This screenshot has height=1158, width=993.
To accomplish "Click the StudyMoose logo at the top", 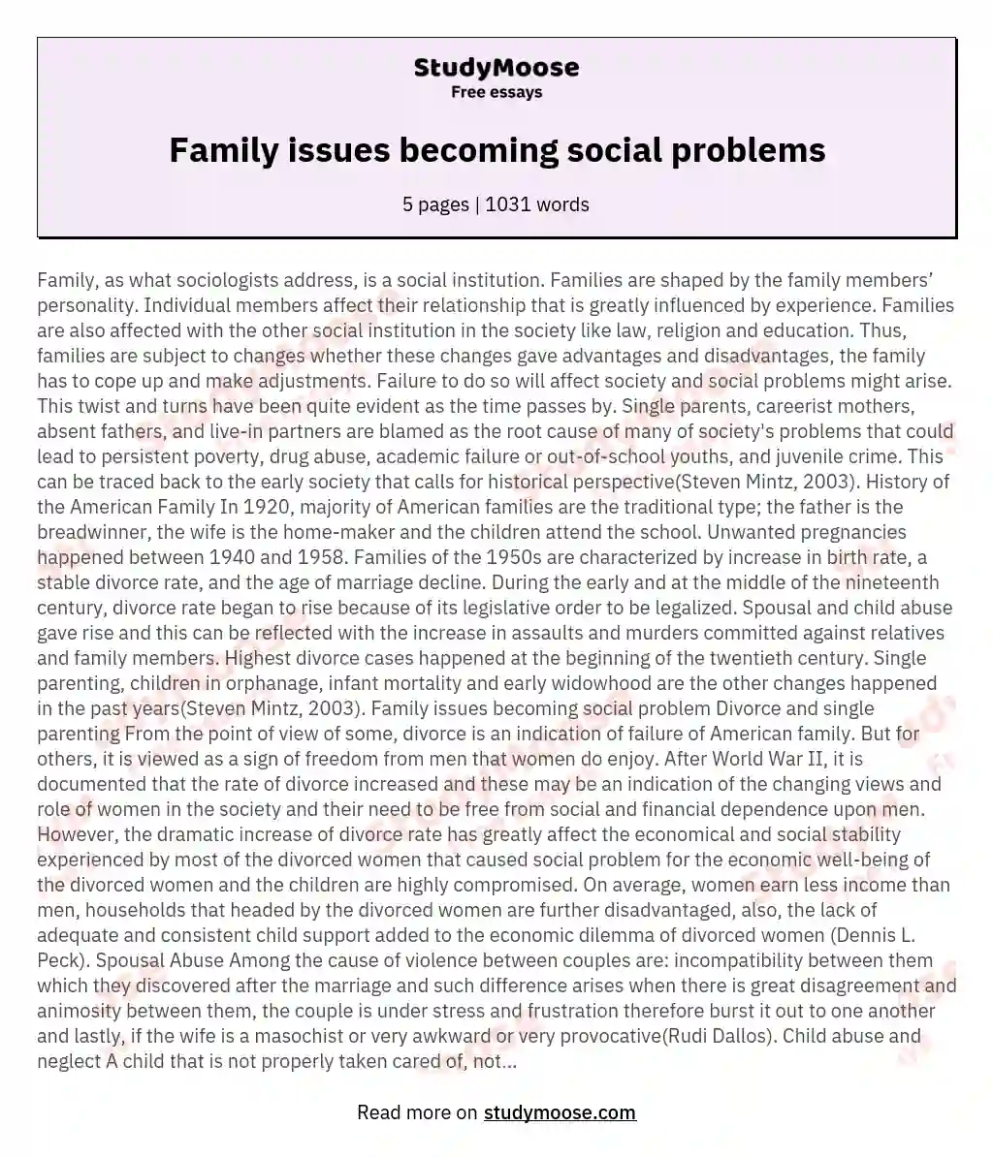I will [x=496, y=68].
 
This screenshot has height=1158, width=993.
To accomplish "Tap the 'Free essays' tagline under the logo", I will [x=496, y=93].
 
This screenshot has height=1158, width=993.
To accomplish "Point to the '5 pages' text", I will [x=436, y=204].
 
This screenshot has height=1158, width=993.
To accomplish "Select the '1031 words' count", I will [x=537, y=204].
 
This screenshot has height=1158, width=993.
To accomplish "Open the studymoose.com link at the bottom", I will [x=560, y=1112].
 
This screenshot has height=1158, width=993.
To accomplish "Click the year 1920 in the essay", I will [x=269, y=507].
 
